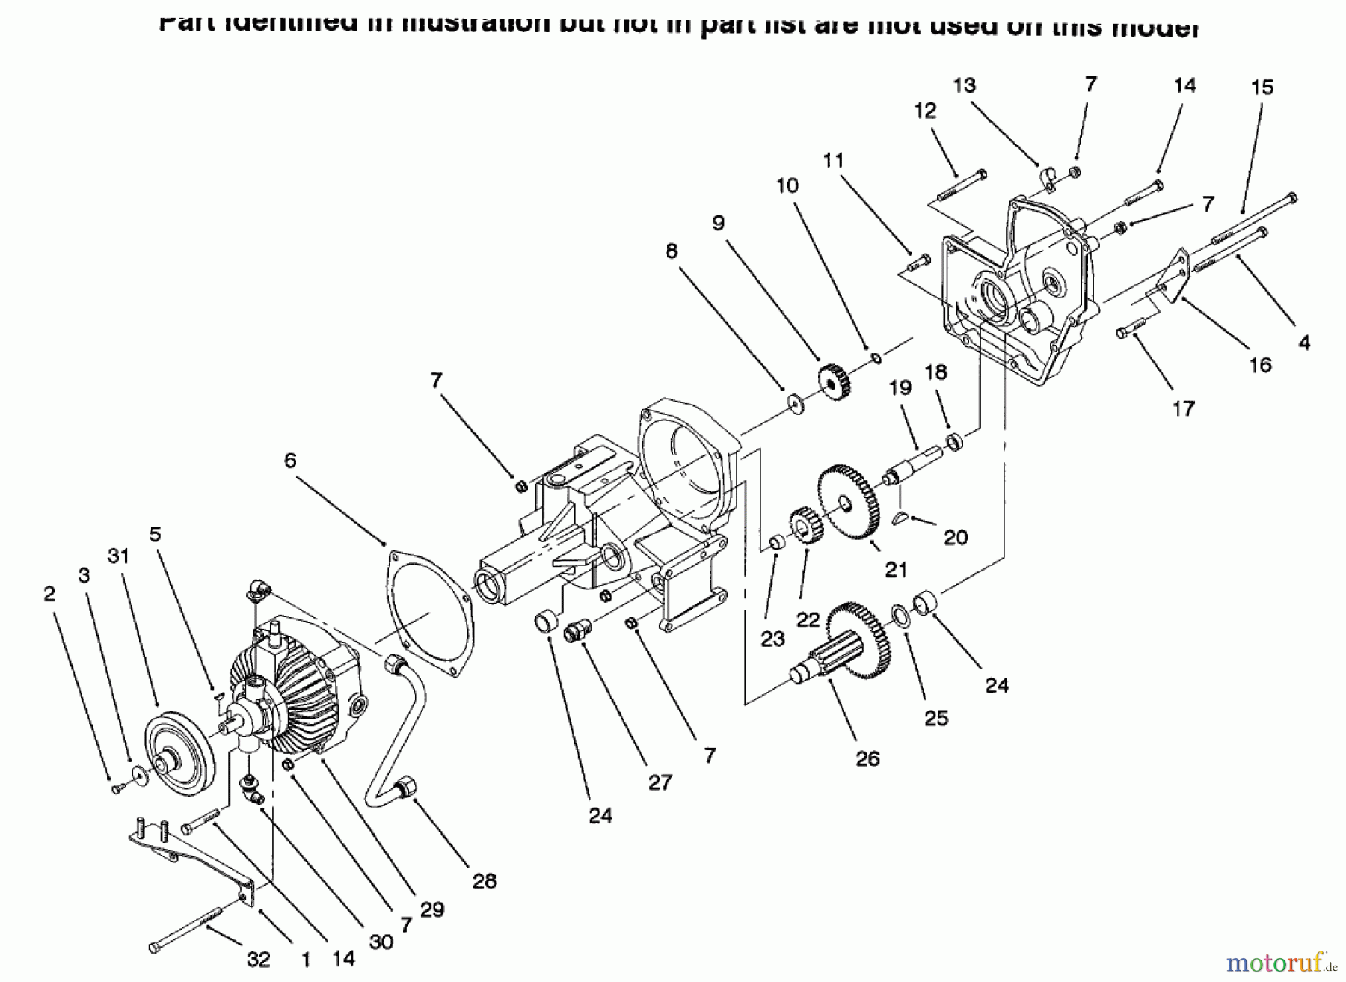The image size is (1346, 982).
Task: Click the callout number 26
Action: [867, 758]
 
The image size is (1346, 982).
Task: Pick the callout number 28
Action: [484, 881]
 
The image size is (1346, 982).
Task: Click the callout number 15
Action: [1262, 88]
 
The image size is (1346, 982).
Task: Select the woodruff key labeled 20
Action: [903, 516]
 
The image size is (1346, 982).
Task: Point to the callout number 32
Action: [258, 959]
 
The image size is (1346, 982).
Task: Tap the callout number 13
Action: [964, 85]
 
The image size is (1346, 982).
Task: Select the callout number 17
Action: [1183, 408]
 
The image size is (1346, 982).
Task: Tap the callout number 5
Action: [155, 534]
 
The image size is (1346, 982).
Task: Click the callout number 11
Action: [833, 160]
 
